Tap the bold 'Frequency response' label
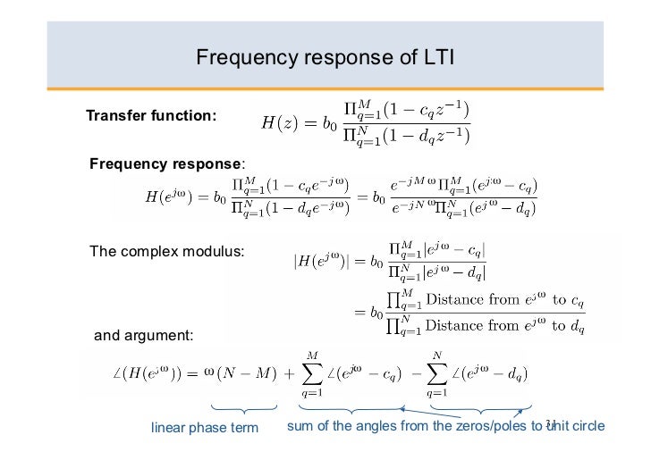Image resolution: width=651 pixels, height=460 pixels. click(165, 163)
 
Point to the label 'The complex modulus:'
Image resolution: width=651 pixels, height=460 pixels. click(167, 251)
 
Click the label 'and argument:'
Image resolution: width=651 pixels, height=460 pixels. click(143, 336)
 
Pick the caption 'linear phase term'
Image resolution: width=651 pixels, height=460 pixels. click(205, 427)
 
